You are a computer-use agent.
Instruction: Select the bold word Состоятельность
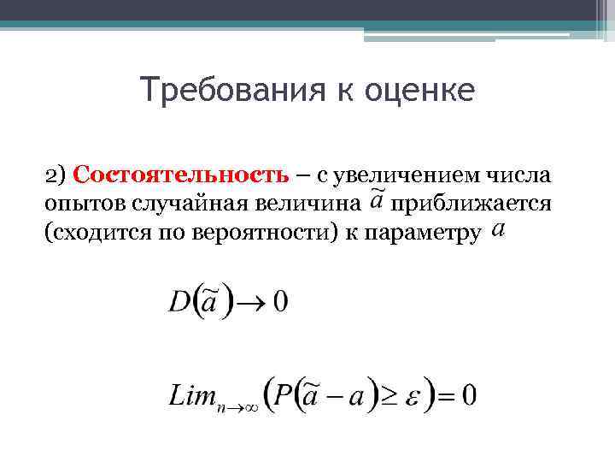pos(181,175)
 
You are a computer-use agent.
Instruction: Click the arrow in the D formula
pos(253,302)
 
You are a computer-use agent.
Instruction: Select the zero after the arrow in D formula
pos(280,301)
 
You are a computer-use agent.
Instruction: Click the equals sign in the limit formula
pos(444,395)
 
